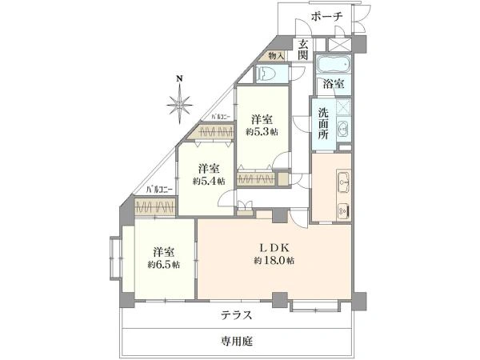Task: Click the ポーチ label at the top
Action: tap(326, 16)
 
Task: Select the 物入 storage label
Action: tap(274, 57)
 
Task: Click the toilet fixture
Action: tap(268, 74)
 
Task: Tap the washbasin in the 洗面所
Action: tap(342, 130)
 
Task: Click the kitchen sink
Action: tap(342, 182)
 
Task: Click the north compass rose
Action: tap(181, 104)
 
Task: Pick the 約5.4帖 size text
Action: tap(208, 182)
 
